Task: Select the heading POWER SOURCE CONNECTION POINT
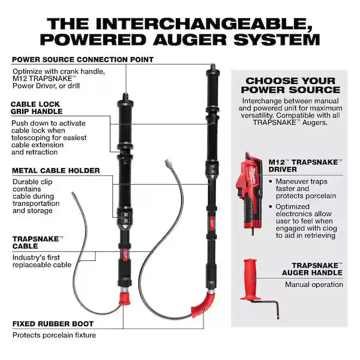point(82,59)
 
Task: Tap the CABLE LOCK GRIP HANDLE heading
point(37,107)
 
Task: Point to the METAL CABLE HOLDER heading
point(55,170)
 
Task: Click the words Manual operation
point(314,284)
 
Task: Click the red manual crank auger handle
point(251,280)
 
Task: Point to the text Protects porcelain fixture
point(54,335)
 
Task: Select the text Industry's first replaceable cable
point(42,261)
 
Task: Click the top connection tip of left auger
point(127,95)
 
